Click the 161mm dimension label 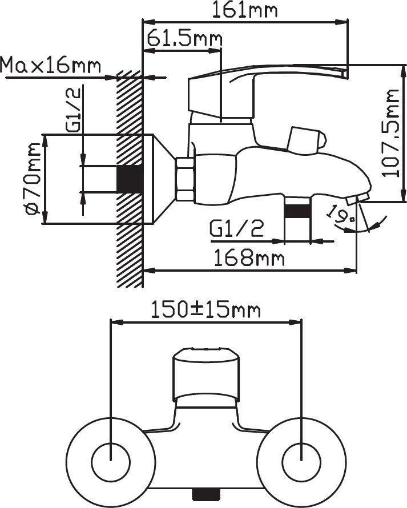pos(245,10)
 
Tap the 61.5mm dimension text pos(185,39)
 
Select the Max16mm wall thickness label pos(51,65)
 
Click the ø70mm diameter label pos(33,179)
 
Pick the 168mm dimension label pos(249,258)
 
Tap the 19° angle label pos(341,214)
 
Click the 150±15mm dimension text pos(206,310)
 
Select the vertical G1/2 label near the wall pos(73,110)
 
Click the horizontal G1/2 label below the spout pos(237,228)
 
